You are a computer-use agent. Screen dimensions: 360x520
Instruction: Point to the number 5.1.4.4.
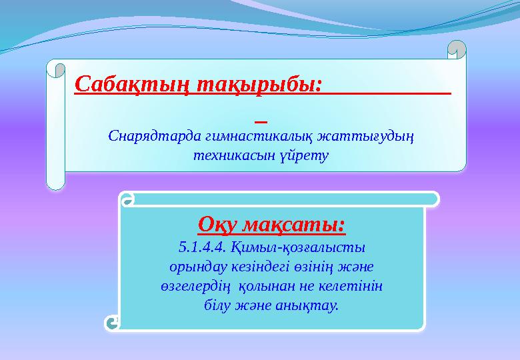click(x=203, y=247)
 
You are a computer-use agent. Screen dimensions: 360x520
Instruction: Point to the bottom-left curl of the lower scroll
click(x=113, y=323)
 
